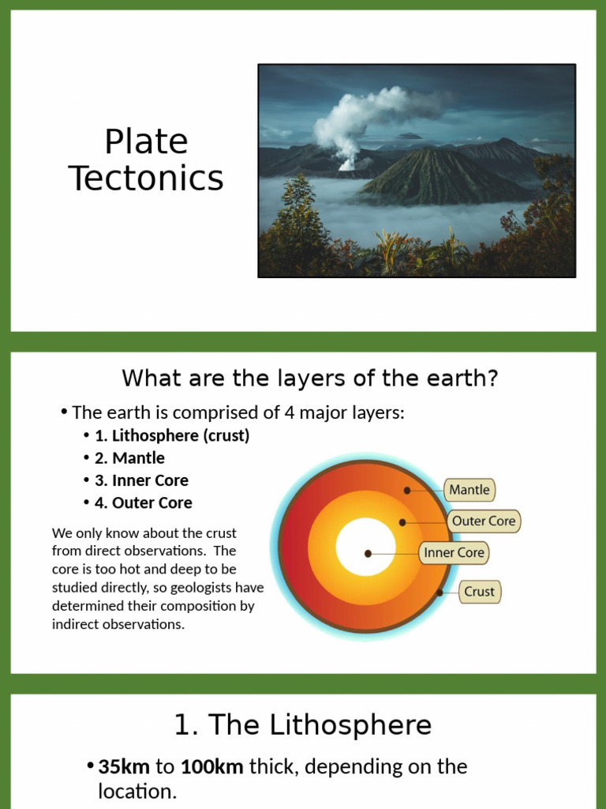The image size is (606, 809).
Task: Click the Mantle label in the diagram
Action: pos(469,490)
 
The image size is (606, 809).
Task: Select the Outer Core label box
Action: pos(484,521)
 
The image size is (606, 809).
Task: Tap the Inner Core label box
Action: pos(454,553)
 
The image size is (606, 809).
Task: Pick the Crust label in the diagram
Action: pos(479,592)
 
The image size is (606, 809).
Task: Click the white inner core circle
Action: pos(365,547)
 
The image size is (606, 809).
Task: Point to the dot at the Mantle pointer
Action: pos(407,491)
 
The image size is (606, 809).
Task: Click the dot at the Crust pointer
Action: pos(440,592)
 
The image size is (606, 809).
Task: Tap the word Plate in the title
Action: pos(146,142)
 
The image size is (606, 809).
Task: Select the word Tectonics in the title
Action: pos(146,179)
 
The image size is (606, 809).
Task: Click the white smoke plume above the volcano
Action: pos(359,119)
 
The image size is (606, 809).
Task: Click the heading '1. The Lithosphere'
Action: pos(303,724)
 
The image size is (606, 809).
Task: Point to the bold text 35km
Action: pos(125,766)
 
